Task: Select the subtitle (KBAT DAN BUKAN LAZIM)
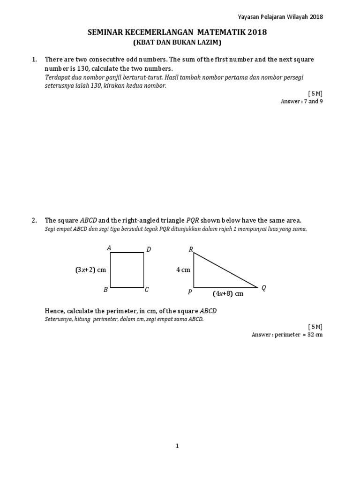click(x=178, y=43)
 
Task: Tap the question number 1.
click(x=34, y=60)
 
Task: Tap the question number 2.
click(x=34, y=220)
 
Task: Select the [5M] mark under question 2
click(x=315, y=326)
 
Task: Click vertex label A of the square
click(x=109, y=248)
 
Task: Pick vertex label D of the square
click(x=149, y=249)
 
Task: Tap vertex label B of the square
click(x=106, y=290)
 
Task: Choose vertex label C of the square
click(x=147, y=290)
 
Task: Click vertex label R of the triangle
click(x=191, y=249)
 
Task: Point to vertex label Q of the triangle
click(x=263, y=288)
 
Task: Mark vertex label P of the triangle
click(x=190, y=292)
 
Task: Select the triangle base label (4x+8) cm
click(x=228, y=294)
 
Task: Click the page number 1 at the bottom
click(x=177, y=446)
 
